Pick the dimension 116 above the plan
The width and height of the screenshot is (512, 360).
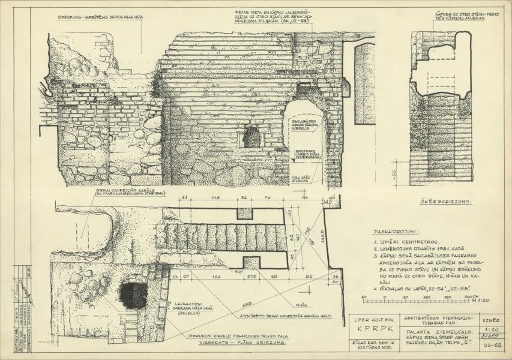(215, 197)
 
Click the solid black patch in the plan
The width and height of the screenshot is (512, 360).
(134, 295)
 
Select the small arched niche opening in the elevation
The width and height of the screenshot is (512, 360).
(253, 137)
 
